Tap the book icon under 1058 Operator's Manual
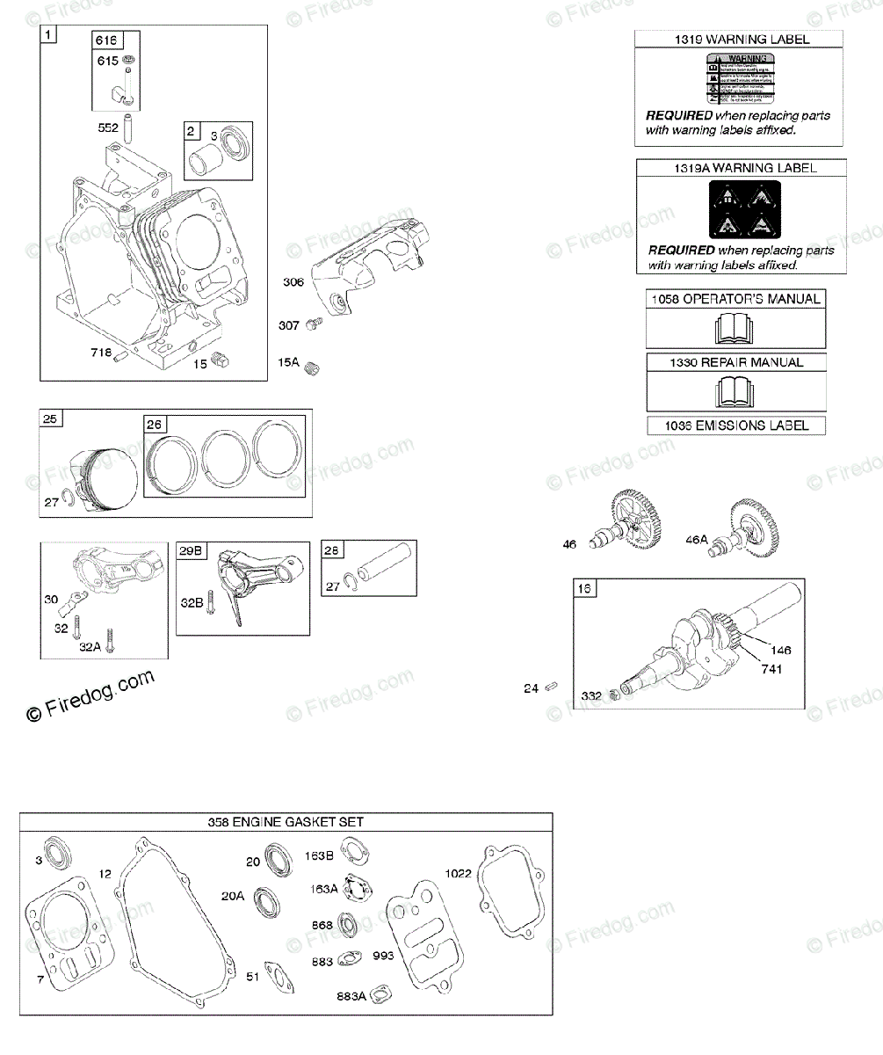click(x=736, y=328)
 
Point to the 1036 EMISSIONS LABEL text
click(x=736, y=426)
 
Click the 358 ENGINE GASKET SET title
click(x=286, y=822)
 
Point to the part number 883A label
click(x=351, y=996)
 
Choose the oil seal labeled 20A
click(x=266, y=900)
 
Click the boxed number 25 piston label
click(x=50, y=418)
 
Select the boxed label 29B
click(x=192, y=551)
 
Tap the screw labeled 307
click(x=312, y=325)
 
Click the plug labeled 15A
click(x=310, y=370)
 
